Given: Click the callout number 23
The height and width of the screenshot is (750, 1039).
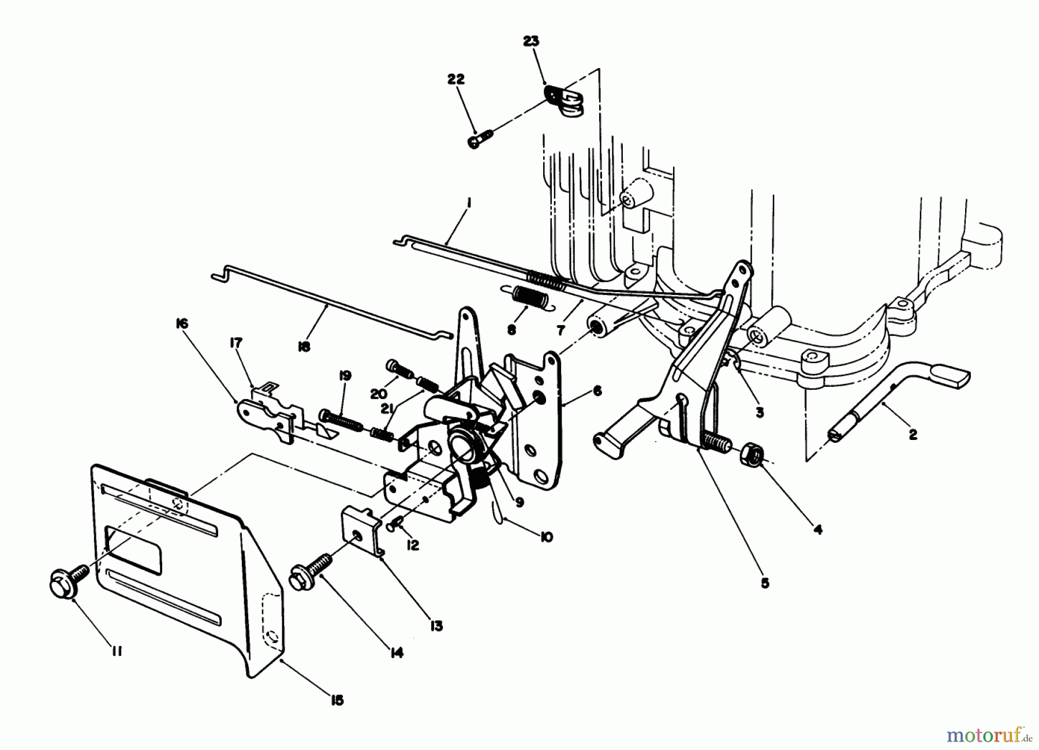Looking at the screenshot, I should coord(531,41).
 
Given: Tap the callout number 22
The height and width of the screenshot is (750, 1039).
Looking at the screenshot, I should coord(455,79).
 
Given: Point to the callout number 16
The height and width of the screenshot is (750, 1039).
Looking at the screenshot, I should coord(181,324).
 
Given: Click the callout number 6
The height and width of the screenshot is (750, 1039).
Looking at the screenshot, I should coord(597,391).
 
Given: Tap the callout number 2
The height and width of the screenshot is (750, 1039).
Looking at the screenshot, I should coord(913,434).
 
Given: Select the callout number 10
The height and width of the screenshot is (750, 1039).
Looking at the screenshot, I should coord(546,537).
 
